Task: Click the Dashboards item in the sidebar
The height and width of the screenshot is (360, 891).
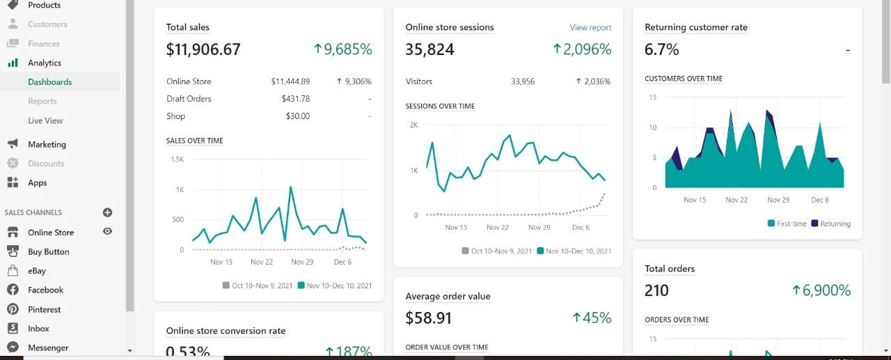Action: tap(49, 82)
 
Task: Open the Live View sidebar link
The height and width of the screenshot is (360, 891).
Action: tap(45, 120)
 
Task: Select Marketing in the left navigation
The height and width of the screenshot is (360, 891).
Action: tap(47, 144)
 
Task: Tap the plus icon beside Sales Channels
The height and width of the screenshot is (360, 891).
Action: tap(107, 212)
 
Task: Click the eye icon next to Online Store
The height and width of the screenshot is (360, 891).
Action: tap(107, 231)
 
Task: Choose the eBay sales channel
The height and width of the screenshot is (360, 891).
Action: tap(37, 271)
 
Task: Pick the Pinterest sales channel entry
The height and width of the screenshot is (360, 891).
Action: tap(44, 309)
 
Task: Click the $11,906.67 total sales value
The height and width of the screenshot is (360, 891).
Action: tap(203, 49)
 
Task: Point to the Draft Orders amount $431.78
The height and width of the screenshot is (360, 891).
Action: tap(296, 99)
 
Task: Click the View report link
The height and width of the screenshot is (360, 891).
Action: tap(590, 28)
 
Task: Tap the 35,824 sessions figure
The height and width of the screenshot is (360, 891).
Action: tap(429, 49)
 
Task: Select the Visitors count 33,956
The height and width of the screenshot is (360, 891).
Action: tap(523, 81)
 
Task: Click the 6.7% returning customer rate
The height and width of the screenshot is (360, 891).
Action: tap(662, 49)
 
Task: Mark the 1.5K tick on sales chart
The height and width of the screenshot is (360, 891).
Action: tap(177, 159)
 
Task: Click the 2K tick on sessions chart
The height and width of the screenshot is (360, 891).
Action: tap(413, 125)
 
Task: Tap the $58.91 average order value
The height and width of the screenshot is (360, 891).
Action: tap(429, 318)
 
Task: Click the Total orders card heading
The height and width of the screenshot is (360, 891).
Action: tap(670, 269)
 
